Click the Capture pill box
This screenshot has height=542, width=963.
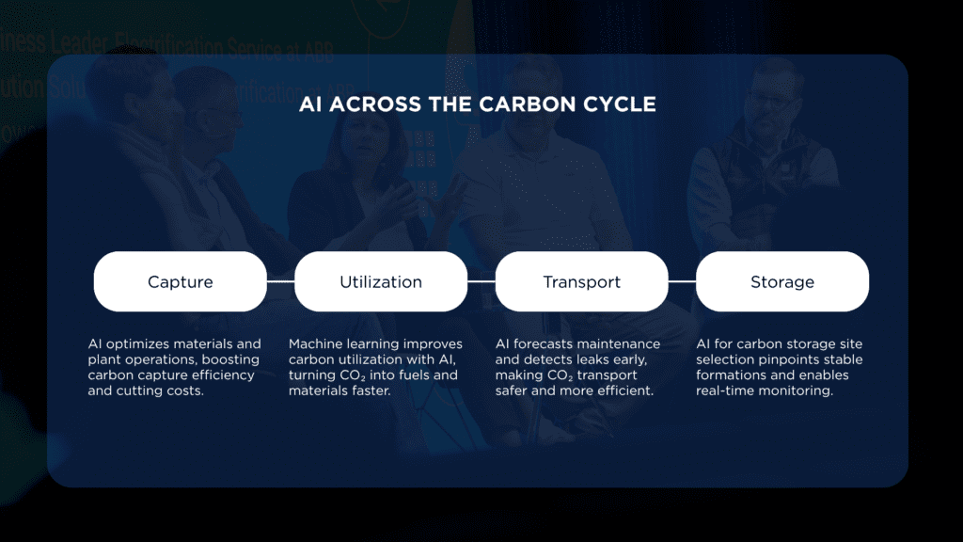click(x=180, y=281)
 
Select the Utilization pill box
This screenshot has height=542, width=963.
click(x=381, y=281)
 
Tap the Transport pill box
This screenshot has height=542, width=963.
click(x=581, y=281)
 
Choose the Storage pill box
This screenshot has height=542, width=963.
click(x=781, y=281)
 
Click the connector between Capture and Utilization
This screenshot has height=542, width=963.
click(x=280, y=281)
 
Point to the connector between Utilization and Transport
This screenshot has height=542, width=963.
click(x=481, y=281)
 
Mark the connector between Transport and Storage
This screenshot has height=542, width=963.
click(x=682, y=281)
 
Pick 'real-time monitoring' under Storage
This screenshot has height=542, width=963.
click(x=765, y=391)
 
